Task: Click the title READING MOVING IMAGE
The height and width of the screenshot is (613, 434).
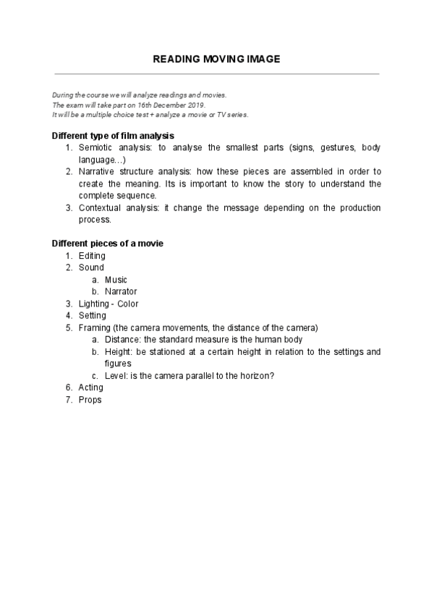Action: (216, 59)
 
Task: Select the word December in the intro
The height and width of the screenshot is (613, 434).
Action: (163, 105)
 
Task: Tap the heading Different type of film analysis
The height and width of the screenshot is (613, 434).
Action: (113, 135)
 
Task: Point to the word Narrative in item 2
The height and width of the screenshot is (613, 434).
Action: (97, 172)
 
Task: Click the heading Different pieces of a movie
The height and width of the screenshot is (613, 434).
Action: (108, 244)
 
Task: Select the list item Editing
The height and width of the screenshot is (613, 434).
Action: (92, 256)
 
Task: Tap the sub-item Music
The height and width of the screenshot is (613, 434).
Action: (116, 280)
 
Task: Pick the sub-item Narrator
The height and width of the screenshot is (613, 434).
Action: (121, 291)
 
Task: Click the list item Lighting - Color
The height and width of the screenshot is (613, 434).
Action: (109, 304)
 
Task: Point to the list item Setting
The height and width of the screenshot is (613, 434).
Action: (93, 315)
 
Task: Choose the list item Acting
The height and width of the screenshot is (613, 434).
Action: (91, 387)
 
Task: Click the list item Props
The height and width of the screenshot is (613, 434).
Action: (90, 400)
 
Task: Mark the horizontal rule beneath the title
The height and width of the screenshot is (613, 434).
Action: (216, 74)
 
